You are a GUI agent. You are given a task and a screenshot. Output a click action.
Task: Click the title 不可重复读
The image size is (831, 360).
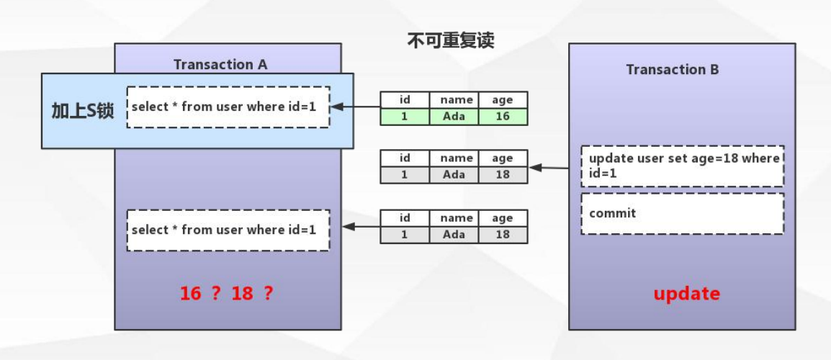[x=451, y=40]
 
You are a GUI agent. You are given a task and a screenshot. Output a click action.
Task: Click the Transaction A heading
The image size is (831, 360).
[x=220, y=65]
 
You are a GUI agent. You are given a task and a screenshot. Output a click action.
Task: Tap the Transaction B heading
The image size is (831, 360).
[x=673, y=69]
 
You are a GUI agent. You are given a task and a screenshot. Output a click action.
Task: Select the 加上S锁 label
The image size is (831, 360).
[x=83, y=111]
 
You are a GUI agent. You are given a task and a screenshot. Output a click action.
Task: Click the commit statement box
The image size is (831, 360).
[x=682, y=214]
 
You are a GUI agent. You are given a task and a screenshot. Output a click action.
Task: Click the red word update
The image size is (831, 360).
[x=687, y=293]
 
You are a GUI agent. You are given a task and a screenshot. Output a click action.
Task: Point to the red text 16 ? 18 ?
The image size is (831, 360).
[x=227, y=293]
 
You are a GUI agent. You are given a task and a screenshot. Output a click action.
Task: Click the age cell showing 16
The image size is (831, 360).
[x=503, y=117]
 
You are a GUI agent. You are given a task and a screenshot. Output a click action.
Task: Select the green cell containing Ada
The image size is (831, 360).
[x=454, y=117]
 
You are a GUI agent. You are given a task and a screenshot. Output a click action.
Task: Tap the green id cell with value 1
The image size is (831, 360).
[x=405, y=117]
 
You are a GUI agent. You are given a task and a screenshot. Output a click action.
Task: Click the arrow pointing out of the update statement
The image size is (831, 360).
[x=549, y=168]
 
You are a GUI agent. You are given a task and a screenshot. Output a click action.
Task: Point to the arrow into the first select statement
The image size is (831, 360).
[x=356, y=107]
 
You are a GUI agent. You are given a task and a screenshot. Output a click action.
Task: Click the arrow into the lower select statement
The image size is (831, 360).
[x=361, y=227]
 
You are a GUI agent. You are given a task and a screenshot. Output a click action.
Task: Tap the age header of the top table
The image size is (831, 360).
[x=503, y=100]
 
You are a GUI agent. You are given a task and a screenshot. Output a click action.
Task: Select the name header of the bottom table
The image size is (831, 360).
[x=454, y=218]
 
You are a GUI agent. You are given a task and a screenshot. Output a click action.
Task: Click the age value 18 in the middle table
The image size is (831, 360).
[x=503, y=175]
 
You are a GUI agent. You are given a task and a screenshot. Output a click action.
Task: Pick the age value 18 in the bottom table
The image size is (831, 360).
[x=503, y=235]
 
